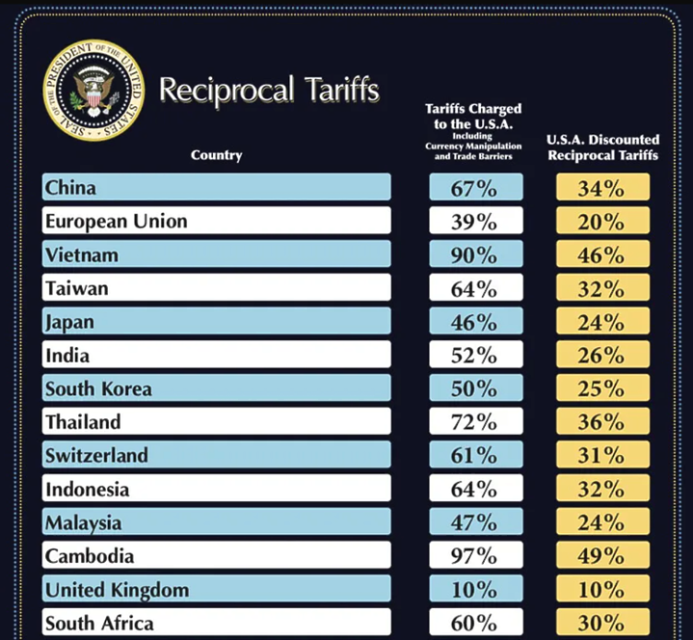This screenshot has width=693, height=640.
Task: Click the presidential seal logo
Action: coord(93,90)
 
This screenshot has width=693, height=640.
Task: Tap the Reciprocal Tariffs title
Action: coord(269,91)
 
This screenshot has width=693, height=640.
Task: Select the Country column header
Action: coord(216,155)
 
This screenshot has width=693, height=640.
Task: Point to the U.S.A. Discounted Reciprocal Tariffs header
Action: coord(602,147)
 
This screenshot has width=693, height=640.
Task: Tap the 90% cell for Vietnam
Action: coord(474,254)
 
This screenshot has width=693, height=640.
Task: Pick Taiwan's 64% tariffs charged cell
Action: coord(474,288)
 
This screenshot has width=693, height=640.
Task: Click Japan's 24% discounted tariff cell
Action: coord(601,322)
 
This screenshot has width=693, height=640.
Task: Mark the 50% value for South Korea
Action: coord(474,388)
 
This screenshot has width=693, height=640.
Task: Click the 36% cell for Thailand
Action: coord(601,422)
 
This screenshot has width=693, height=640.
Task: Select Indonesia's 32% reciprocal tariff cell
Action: coord(601,489)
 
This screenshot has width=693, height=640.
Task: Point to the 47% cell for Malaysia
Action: coord(474,522)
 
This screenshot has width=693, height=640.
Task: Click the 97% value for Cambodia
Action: coord(474,556)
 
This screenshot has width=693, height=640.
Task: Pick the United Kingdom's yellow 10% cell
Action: coord(601,590)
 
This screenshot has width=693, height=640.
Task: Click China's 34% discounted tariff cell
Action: coord(601,188)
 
